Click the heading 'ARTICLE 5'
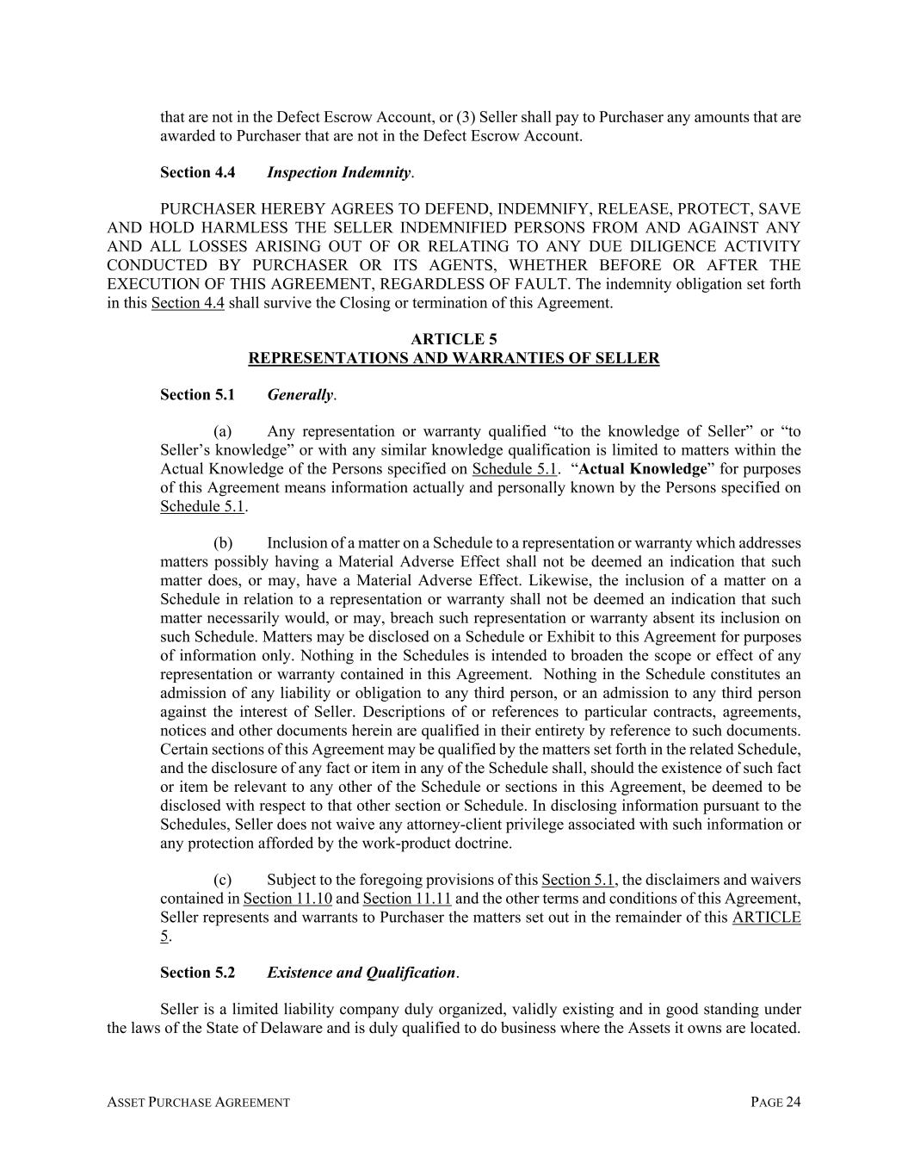click(x=454, y=339)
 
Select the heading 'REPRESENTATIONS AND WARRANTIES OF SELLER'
click(x=454, y=358)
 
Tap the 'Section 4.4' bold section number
click(x=197, y=172)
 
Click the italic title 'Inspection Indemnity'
click(x=338, y=172)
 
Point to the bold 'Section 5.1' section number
click(x=197, y=395)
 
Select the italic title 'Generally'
click(x=300, y=395)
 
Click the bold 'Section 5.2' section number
click(x=197, y=973)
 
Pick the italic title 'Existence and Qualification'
click(x=361, y=973)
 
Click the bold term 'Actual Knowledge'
click(x=643, y=469)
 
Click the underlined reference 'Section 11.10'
click(x=287, y=899)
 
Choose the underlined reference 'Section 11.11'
click(x=407, y=899)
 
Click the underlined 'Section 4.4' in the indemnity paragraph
click(x=188, y=303)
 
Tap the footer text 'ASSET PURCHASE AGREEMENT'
click(x=198, y=1102)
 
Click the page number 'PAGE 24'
click(x=775, y=1102)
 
